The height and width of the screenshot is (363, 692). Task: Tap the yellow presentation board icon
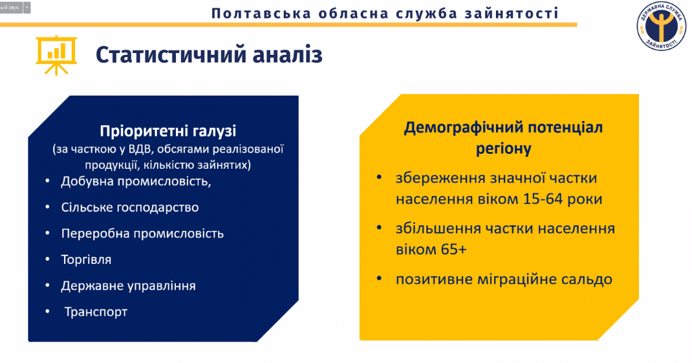(57, 55)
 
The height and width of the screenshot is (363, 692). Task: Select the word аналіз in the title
(288, 54)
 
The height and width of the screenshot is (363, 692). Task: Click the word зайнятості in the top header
(512, 13)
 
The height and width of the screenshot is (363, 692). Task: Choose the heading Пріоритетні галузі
(168, 131)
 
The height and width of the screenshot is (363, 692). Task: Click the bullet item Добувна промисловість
(136, 181)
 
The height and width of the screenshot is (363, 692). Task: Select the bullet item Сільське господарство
(130, 207)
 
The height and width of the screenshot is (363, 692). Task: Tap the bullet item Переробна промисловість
(142, 234)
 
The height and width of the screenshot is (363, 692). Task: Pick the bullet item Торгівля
(86, 260)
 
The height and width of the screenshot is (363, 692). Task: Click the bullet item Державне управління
(128, 286)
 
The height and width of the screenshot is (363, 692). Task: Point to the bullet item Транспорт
(96, 312)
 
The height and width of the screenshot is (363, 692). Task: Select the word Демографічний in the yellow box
(462, 127)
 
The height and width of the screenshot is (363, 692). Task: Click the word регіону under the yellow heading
(503, 149)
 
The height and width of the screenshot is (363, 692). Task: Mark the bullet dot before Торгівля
(47, 259)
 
